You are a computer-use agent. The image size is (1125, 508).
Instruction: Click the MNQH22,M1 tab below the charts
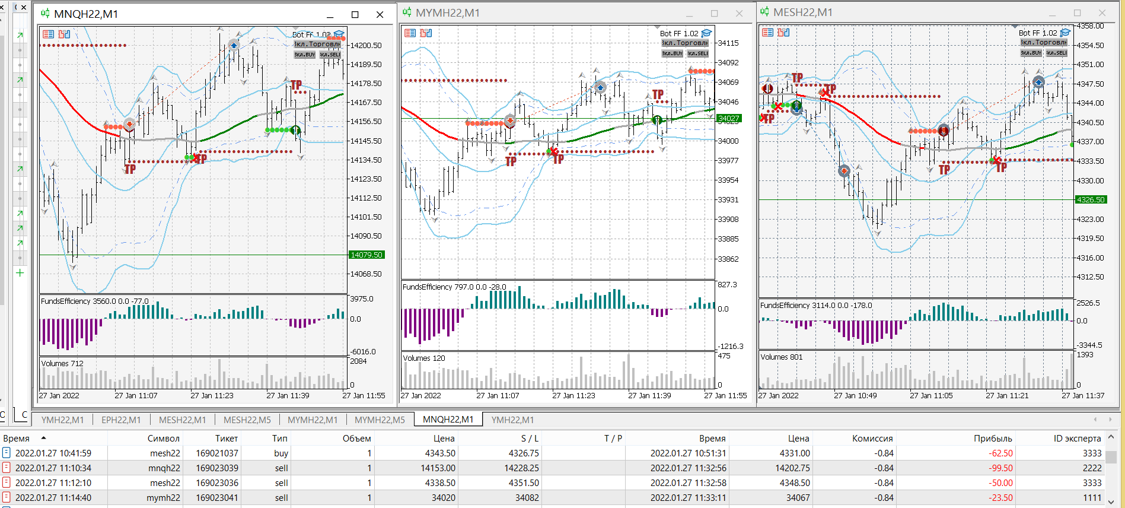[x=448, y=420]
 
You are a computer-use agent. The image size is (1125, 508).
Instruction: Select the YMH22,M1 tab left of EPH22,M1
[x=62, y=420]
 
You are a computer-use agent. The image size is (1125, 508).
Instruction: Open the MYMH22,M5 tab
[x=380, y=420]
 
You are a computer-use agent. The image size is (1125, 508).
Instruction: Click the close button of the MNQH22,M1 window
[x=380, y=14]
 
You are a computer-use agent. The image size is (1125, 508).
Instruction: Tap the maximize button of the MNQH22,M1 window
[x=355, y=14]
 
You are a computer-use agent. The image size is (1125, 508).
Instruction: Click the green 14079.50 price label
[x=366, y=255]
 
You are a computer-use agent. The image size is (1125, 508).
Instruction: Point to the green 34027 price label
[x=728, y=119]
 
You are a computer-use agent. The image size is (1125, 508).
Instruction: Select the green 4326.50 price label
[x=1091, y=200]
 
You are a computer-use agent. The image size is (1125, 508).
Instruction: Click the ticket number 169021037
[x=217, y=453]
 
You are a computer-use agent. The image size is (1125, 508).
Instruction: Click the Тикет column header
[x=227, y=439]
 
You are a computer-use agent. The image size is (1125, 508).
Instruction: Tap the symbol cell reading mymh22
[x=164, y=498]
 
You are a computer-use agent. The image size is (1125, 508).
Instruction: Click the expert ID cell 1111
[x=1092, y=498]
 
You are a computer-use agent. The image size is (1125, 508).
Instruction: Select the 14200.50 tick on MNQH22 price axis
[x=366, y=46]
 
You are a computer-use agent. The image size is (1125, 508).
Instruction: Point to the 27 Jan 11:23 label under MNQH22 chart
[x=212, y=396]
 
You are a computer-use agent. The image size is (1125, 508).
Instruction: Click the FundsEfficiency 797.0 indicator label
[x=454, y=287]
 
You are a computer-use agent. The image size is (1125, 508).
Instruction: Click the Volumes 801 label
[x=781, y=357]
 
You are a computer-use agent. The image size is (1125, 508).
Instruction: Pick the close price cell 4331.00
[x=795, y=453]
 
